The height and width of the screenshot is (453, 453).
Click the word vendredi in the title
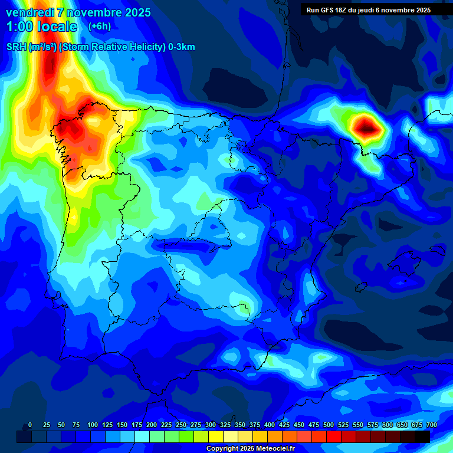coord(27,12)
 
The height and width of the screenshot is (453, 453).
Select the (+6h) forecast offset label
coord(99,27)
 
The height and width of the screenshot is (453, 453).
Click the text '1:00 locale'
coord(42,27)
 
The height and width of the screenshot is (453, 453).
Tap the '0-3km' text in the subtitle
coord(182,47)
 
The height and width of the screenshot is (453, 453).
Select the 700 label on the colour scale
coord(431,425)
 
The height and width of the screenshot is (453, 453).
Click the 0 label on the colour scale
coord(30,425)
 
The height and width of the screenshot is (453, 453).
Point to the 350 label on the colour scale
coord(240,425)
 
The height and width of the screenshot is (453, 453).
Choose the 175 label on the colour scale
coord(137,425)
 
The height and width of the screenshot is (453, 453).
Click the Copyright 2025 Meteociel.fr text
coord(250,448)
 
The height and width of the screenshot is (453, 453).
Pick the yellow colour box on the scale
coord(216,437)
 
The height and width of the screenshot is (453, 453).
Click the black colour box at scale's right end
coord(422,437)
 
